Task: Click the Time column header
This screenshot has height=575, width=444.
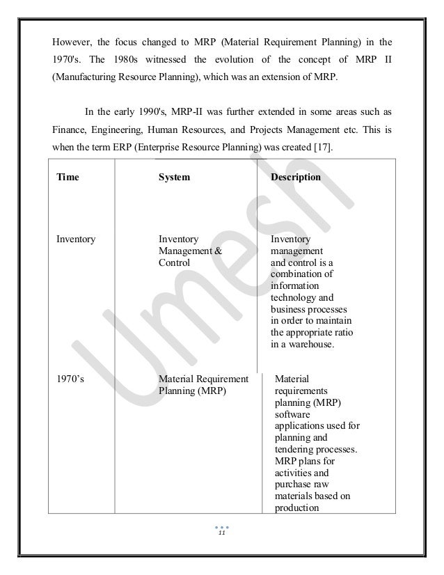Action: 68,178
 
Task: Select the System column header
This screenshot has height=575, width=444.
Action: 174,178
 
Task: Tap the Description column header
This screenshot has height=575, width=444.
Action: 296,178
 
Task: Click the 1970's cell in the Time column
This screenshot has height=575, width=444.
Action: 70,379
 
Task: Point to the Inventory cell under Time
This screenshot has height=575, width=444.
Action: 76,239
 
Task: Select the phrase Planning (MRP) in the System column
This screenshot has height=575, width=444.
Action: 191,391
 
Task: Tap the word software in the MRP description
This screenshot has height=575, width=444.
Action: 293,414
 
